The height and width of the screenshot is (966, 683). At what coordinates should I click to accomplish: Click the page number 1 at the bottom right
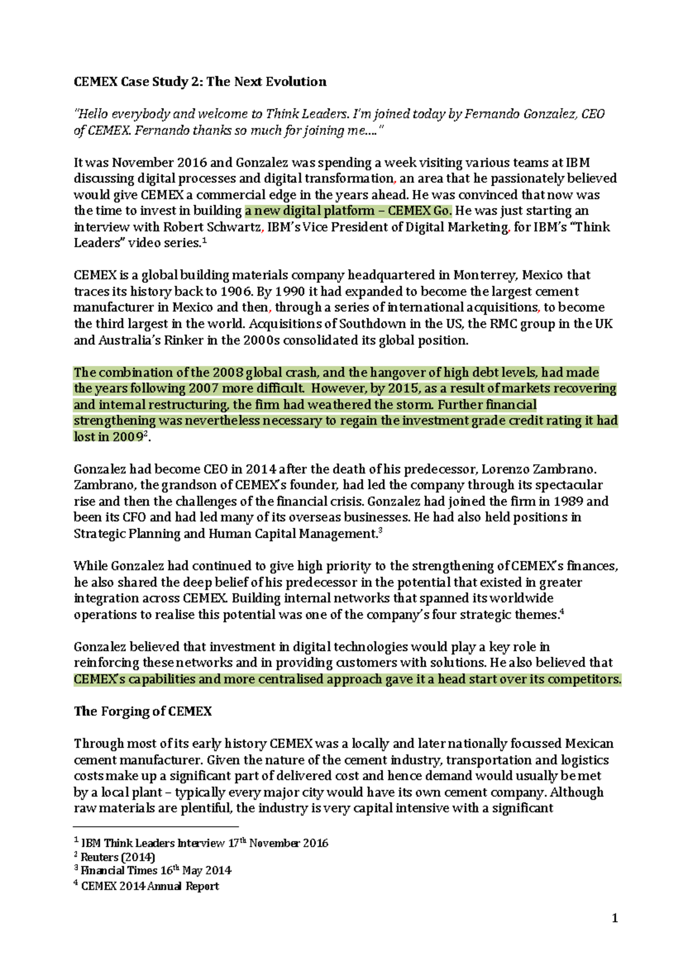tap(614, 918)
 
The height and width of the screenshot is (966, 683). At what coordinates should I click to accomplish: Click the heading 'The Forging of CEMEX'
tap(142, 711)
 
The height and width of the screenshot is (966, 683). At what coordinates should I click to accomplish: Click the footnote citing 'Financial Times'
tap(155, 870)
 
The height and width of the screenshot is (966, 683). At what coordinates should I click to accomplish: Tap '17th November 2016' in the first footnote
tap(278, 843)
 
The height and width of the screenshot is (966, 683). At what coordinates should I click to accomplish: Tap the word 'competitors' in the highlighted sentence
tap(586, 679)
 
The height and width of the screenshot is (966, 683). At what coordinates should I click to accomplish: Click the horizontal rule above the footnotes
tap(156, 827)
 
